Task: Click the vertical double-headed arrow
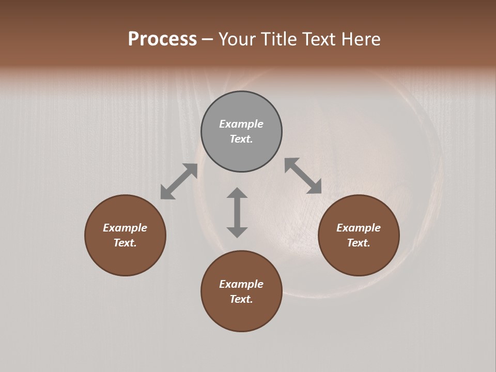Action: pyautogui.click(x=237, y=212)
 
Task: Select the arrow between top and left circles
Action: pyautogui.click(x=179, y=181)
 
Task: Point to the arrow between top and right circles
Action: pyautogui.click(x=303, y=176)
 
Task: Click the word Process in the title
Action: pyautogui.click(x=162, y=39)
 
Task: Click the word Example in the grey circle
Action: pyautogui.click(x=241, y=124)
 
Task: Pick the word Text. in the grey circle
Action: pyautogui.click(x=241, y=139)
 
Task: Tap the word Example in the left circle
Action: pyautogui.click(x=125, y=228)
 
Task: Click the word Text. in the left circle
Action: pyautogui.click(x=125, y=243)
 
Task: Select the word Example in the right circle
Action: pyautogui.click(x=359, y=228)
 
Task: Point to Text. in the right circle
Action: pyautogui.click(x=359, y=243)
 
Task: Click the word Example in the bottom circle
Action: pyautogui.click(x=241, y=284)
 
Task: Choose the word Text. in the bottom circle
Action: pyautogui.click(x=241, y=299)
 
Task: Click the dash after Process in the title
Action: pyautogui.click(x=207, y=40)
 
